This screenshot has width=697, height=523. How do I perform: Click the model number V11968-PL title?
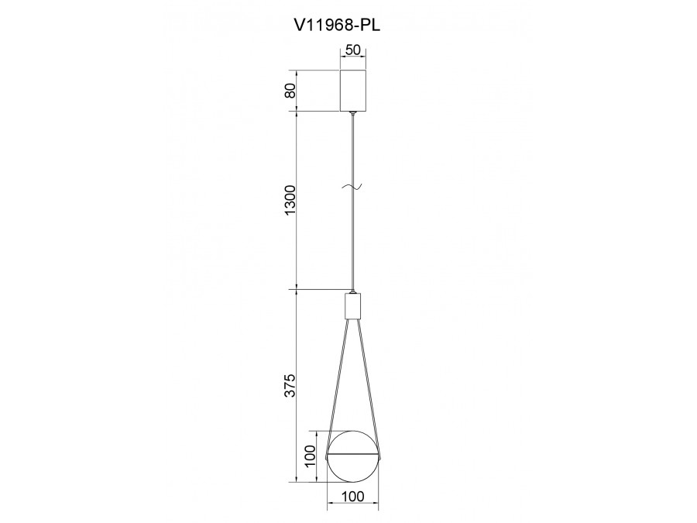point(337,26)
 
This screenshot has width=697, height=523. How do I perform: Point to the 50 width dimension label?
point(353,50)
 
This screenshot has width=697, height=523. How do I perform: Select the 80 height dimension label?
point(290,91)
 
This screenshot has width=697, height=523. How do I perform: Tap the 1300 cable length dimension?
point(290,200)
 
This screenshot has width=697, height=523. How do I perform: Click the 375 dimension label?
point(290,385)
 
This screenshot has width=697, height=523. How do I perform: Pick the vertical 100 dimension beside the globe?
point(310,456)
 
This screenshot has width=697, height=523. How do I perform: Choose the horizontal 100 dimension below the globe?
point(353,497)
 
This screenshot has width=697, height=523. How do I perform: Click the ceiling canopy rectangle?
point(353,91)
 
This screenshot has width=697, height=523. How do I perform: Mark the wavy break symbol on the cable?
point(352,188)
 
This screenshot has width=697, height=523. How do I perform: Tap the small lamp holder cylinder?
point(352,306)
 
